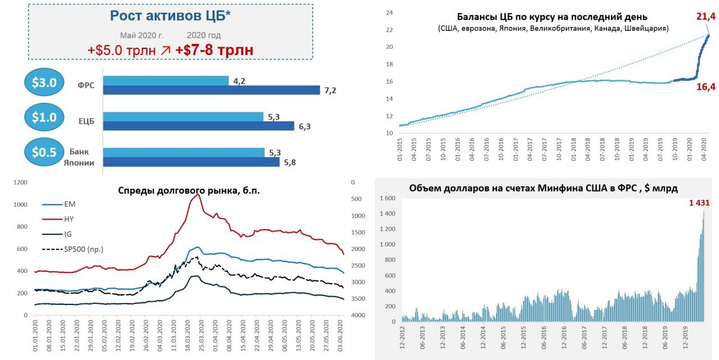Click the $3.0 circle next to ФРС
[44, 83]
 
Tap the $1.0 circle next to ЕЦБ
[44, 117]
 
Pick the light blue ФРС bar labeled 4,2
[166, 81]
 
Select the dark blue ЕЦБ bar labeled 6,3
[199, 126]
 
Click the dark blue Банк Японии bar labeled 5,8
[192, 162]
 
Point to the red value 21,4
[705, 17]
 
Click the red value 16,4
[705, 87]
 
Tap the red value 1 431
[699, 203]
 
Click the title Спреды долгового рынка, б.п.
[189, 190]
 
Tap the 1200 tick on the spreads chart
[20, 183]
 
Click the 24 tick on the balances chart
[389, 12]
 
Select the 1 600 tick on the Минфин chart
[387, 199]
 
